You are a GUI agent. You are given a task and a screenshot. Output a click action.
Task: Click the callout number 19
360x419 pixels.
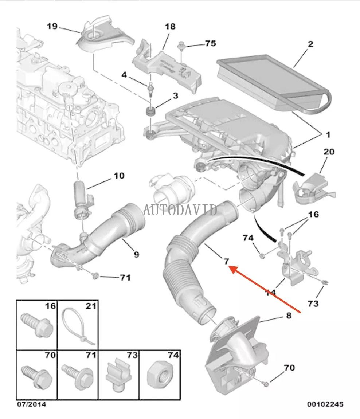point(52,26)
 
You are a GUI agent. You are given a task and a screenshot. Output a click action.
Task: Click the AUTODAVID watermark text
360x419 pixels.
point(180,210)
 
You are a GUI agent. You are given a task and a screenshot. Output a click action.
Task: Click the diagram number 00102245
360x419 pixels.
point(325,404)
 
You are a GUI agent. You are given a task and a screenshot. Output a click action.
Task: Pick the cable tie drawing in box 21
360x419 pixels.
point(78,326)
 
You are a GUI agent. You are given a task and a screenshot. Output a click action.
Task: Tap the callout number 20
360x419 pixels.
point(329,152)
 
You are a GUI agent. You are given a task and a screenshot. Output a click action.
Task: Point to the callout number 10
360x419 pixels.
point(119,176)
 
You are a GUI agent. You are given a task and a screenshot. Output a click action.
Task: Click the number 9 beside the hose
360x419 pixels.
point(136,254)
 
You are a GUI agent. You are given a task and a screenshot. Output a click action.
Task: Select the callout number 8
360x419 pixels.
point(289,316)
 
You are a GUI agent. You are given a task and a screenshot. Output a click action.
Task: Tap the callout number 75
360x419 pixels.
point(210,43)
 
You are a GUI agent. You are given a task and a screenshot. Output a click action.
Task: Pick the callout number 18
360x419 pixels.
point(170,26)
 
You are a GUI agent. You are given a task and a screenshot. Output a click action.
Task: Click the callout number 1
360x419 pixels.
point(328,135)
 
